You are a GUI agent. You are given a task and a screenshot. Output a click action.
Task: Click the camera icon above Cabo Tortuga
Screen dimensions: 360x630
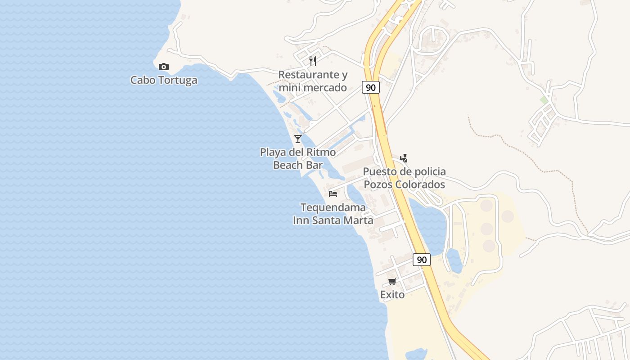(164, 67)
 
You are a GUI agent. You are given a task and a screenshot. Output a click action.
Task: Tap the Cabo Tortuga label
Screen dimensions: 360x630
(164, 81)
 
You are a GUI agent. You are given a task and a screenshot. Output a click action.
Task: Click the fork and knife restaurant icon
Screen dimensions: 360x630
(313, 61)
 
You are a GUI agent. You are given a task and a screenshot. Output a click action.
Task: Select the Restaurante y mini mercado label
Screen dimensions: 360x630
(313, 81)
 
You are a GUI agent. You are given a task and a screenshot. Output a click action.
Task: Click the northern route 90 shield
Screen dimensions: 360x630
(370, 87)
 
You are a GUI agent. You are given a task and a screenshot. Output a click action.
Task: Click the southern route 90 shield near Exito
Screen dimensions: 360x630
(421, 260)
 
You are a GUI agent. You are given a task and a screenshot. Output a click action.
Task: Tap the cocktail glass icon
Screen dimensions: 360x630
(298, 139)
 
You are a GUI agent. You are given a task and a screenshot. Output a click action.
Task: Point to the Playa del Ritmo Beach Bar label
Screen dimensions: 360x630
(298, 159)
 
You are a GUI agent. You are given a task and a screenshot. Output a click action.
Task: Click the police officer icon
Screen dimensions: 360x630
(404, 158)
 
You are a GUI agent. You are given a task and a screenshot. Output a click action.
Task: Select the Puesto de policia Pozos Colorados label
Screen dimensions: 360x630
(404, 178)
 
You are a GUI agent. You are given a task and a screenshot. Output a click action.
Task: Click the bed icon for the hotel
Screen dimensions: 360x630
(333, 194)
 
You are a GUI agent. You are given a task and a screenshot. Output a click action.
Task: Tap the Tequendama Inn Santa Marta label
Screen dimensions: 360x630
(333, 214)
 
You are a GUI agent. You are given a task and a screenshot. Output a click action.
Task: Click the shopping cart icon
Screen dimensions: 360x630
(392, 282)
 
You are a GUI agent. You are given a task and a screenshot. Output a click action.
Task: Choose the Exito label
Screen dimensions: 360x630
(392, 295)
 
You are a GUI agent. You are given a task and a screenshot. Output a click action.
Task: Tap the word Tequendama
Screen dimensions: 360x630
(333, 208)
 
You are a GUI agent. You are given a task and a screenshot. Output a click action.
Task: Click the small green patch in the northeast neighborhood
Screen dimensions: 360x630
(544, 100)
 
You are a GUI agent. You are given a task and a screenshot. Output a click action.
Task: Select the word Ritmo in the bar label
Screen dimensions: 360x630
(321, 153)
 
